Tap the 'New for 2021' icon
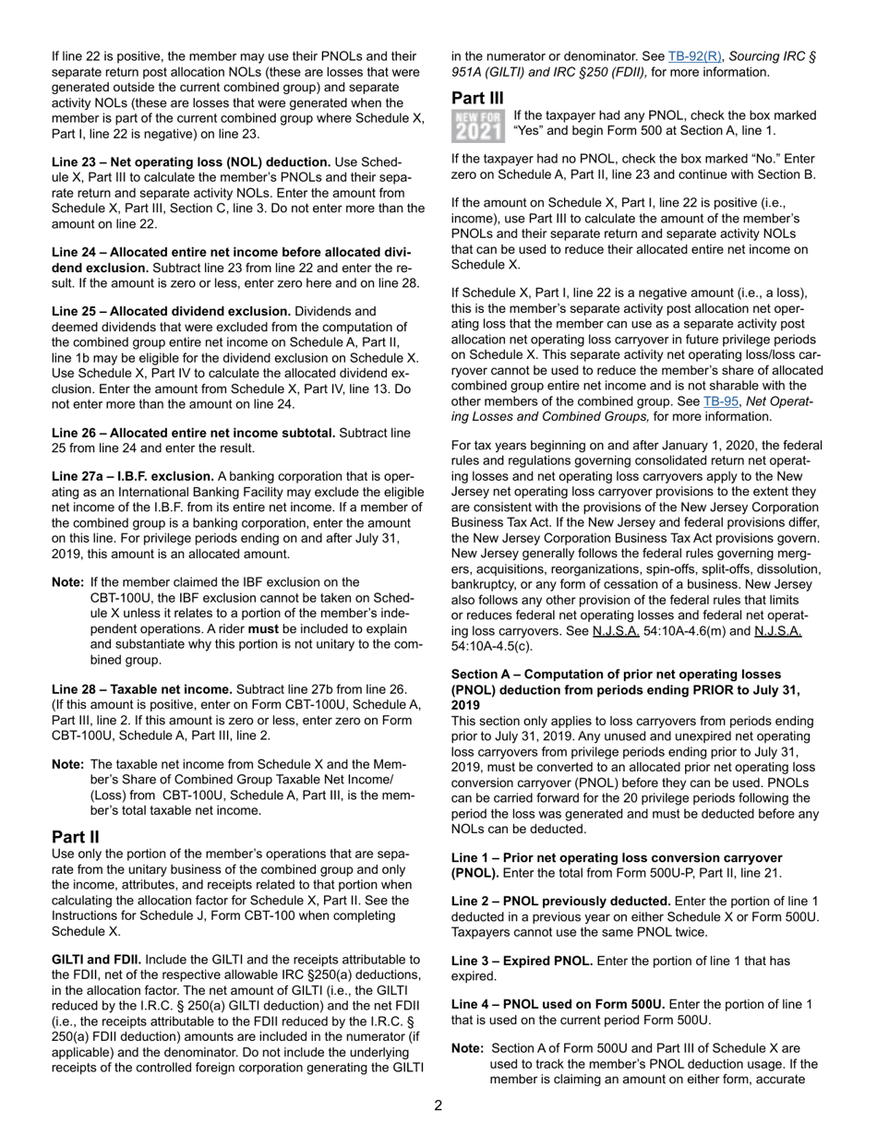pyautogui.click(x=478, y=125)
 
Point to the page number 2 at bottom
pyautogui.click(x=438, y=1106)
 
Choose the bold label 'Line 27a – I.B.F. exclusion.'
pyautogui.click(x=134, y=477)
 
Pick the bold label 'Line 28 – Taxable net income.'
pyautogui.click(x=142, y=689)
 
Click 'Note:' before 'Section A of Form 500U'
pyautogui.click(x=468, y=1048)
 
